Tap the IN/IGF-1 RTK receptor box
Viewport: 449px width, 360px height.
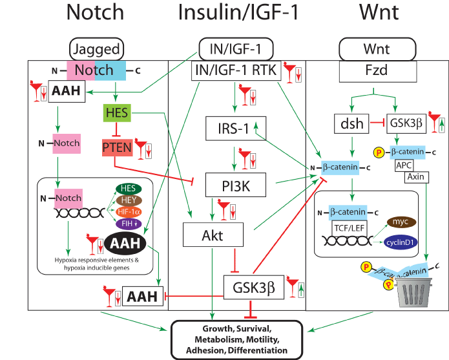[236, 71]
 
